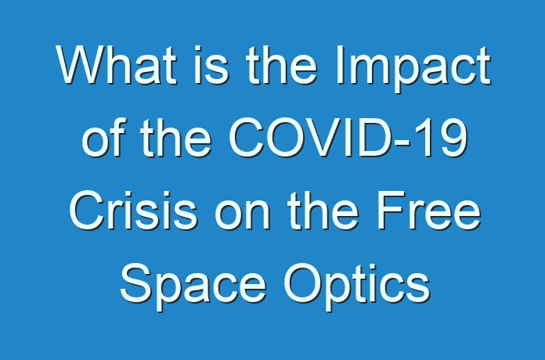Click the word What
click(117, 65)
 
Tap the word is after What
click(211, 65)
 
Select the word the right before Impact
click(282, 65)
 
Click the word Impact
click(413, 70)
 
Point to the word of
click(102, 137)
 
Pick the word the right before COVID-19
click(175, 137)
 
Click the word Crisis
click(133, 211)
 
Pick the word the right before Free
click(323, 211)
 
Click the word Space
click(193, 286)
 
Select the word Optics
click(357, 286)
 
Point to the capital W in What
click(83, 65)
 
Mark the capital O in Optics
click(302, 283)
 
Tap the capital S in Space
click(135, 283)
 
